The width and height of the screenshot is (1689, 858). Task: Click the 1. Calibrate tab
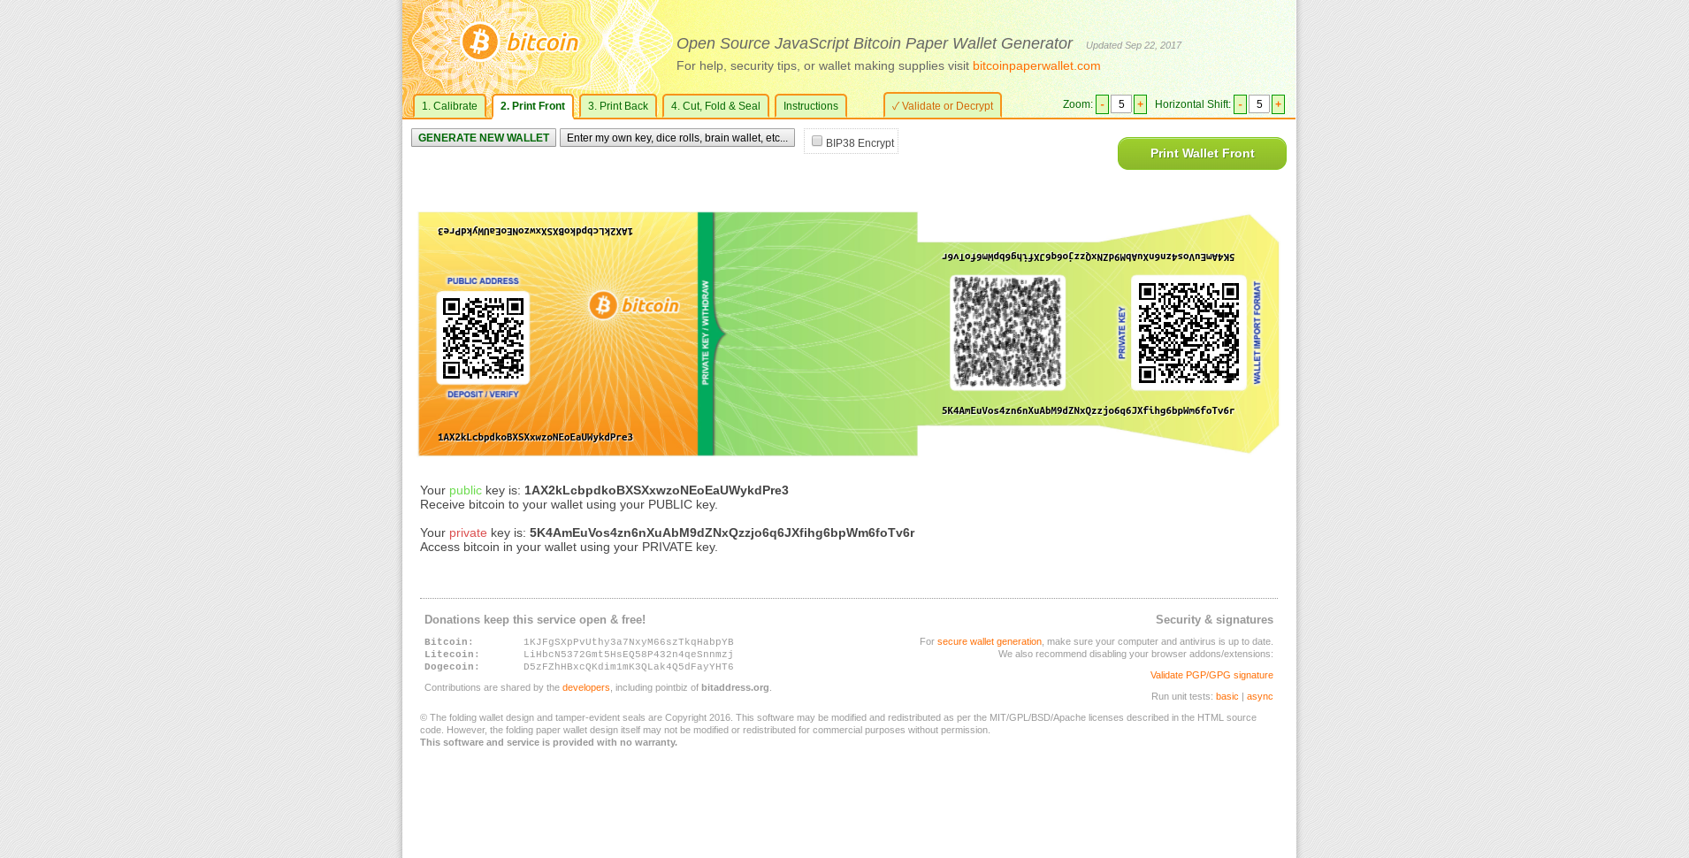coord(449,106)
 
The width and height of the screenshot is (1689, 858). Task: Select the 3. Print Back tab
coord(617,106)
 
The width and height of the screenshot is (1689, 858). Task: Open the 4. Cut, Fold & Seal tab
coord(715,106)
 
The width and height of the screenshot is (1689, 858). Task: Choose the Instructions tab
coord(810,106)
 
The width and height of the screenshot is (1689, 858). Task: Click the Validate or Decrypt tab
coord(943,106)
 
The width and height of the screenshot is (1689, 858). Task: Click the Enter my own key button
coord(676,138)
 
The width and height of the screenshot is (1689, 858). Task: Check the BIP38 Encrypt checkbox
coord(817,142)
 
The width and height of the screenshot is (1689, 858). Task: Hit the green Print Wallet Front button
coord(1202,154)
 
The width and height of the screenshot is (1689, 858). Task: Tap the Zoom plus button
coord(1140,104)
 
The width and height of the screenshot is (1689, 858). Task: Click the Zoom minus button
coord(1102,104)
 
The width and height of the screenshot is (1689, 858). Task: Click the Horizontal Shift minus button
coord(1240,104)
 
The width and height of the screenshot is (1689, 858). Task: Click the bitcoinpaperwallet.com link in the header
coord(1036,66)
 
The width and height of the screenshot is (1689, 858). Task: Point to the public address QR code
coord(483,338)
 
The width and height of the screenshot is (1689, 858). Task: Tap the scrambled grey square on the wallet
coord(1007,333)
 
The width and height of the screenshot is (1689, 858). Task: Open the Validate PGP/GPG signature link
coord(1211,676)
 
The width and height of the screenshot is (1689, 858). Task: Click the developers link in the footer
coord(585,688)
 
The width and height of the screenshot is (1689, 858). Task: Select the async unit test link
coord(1259,697)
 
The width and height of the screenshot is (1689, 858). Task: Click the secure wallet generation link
coord(989,642)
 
